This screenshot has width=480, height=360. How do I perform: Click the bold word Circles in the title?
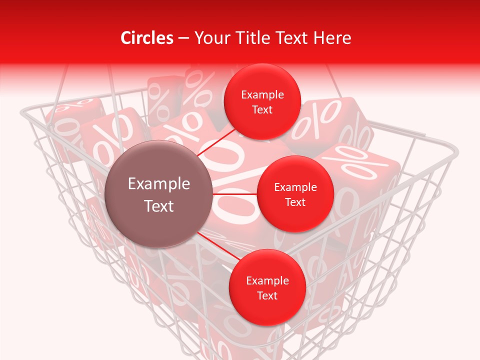coord(146,38)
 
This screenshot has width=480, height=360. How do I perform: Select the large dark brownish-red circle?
coord(159,194)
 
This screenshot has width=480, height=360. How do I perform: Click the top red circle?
coord(262,101)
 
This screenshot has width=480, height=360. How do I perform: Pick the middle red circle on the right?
coord(295,194)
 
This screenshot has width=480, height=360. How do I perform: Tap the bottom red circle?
coord(267,287)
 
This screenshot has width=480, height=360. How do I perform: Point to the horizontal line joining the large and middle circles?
coord(235,194)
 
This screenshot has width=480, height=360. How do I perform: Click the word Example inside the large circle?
coord(159,184)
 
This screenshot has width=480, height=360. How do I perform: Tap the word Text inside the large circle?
coord(159,206)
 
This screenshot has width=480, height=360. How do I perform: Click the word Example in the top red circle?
coord(262,94)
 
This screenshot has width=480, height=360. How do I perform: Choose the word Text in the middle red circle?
coord(295,202)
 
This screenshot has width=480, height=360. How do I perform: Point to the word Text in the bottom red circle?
coord(267,295)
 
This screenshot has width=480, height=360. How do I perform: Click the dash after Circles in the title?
coord(183,38)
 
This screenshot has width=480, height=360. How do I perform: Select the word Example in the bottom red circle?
coord(267,280)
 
